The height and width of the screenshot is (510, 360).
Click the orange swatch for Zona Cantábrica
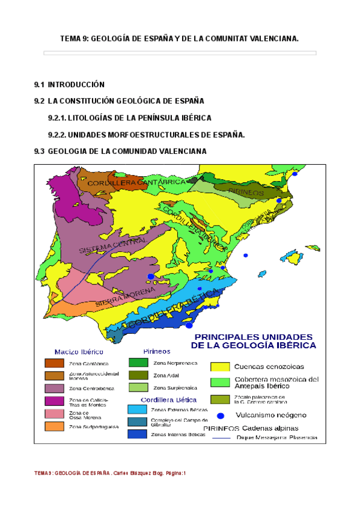coord(53,363)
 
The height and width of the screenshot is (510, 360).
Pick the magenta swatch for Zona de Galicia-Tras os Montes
coord(53,401)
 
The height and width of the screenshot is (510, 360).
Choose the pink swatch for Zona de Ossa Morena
coord(53,414)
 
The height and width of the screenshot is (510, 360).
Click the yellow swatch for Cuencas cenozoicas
coord(220,366)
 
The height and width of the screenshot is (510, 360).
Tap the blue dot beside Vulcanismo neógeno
coord(221,415)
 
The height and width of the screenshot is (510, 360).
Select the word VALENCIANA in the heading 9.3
coord(181,151)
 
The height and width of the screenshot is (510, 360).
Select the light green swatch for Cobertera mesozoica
coord(220,380)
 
